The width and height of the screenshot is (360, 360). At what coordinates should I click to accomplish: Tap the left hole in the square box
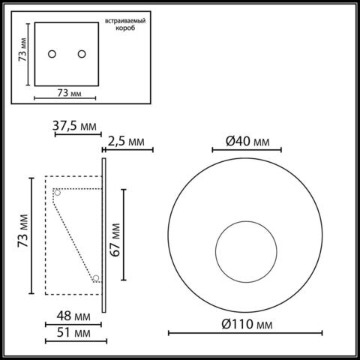[52, 54]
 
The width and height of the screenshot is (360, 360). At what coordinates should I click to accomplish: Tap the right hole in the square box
[80, 54]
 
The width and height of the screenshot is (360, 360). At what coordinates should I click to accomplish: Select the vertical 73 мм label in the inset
[23, 52]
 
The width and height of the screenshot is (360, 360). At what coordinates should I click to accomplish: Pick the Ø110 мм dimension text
[247, 324]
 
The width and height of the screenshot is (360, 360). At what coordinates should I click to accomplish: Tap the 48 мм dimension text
[62, 316]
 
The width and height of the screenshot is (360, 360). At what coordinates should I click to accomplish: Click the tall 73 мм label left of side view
[23, 235]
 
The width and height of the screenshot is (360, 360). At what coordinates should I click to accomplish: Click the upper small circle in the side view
[57, 192]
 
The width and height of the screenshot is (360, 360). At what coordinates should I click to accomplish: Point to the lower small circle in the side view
[96, 280]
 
